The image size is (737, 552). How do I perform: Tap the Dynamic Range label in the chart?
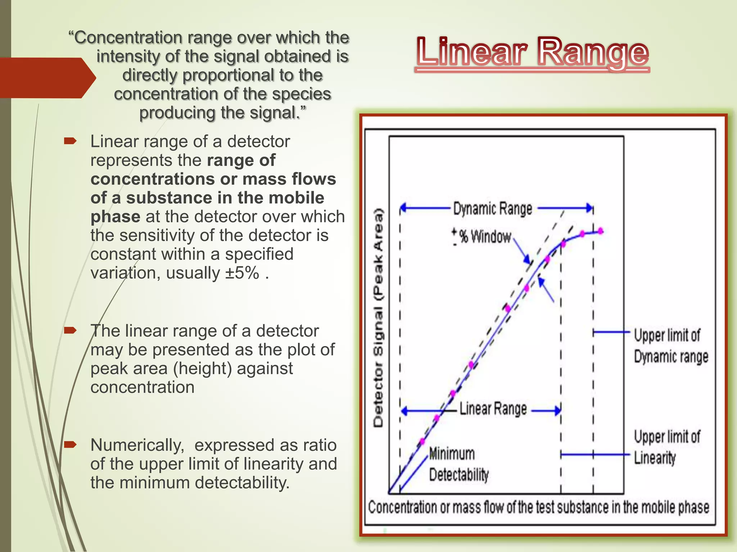492,209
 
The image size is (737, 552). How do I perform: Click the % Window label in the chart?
485,236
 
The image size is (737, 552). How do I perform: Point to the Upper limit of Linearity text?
667,447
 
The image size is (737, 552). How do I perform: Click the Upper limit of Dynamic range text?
670,346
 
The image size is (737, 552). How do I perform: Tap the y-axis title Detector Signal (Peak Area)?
378,318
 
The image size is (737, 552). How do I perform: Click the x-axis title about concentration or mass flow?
538,507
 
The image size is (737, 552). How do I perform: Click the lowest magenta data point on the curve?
422,442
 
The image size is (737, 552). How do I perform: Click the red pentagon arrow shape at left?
47,78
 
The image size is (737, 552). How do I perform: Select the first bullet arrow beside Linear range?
70,141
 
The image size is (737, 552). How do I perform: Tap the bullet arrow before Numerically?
70,445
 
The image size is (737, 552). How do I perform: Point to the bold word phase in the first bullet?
115,217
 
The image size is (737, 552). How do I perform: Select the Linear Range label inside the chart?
493,409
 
